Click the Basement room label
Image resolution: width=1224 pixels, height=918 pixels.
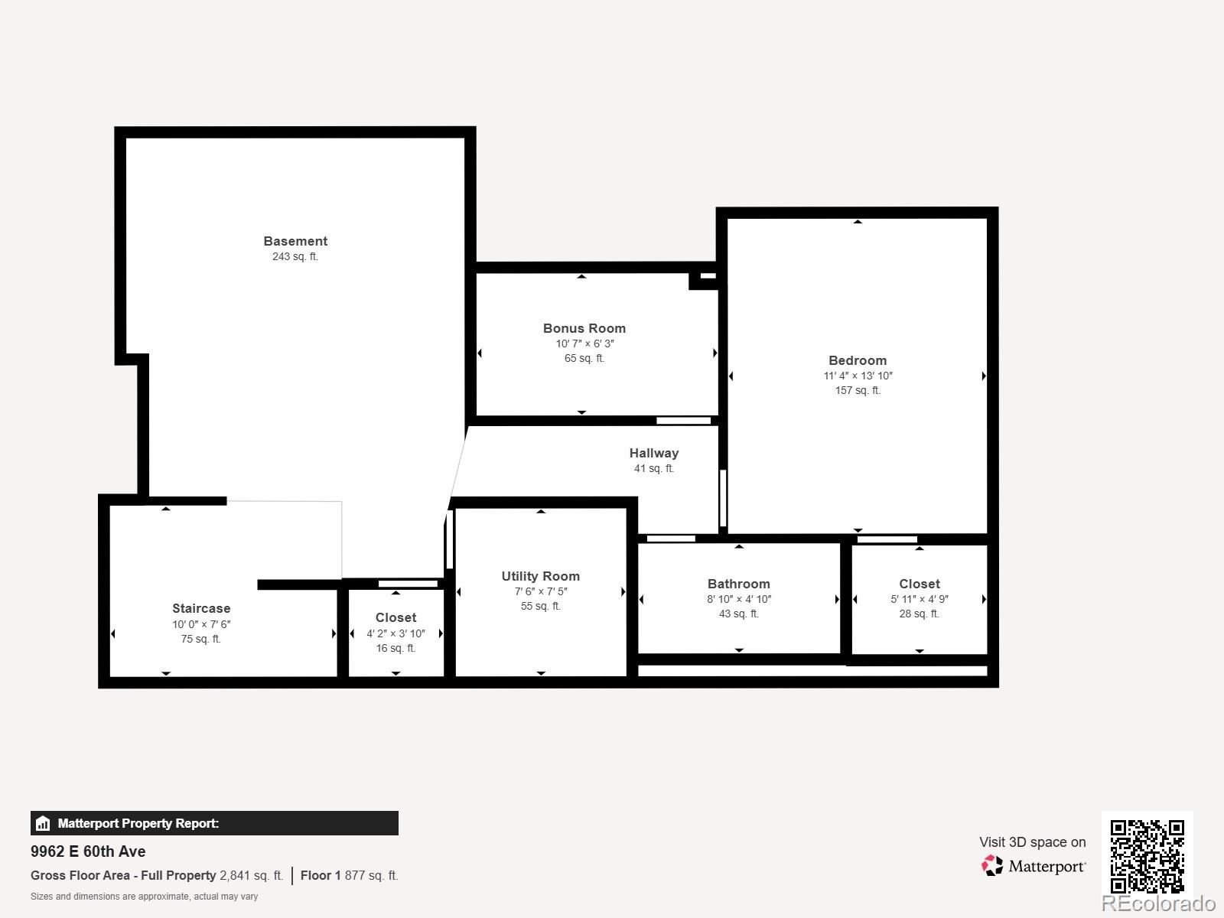295,241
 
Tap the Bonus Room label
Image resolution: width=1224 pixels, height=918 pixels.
584,328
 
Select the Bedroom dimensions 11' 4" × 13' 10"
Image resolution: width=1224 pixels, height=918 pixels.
858,376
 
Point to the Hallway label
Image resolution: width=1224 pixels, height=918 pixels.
654,453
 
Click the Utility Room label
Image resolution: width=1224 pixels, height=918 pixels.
540,576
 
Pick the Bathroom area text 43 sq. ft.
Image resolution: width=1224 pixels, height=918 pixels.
738,614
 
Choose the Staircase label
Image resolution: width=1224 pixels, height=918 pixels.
201,608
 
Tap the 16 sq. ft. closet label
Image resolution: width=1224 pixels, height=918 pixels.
396,648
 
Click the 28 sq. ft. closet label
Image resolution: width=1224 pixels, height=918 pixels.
919,614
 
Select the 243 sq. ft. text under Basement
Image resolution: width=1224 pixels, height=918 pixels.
295,256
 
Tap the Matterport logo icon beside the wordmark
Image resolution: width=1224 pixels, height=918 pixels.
992,866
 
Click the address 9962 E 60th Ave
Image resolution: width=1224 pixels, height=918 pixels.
88,851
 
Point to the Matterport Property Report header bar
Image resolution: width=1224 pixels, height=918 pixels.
214,823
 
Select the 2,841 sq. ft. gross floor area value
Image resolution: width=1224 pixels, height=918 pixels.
251,875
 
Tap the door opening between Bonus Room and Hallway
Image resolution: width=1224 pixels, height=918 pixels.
683,421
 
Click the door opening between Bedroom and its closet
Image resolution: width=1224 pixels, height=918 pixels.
887,539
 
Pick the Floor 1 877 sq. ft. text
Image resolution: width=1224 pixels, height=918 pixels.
349,875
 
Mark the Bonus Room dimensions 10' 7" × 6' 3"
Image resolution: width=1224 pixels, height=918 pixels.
584,343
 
